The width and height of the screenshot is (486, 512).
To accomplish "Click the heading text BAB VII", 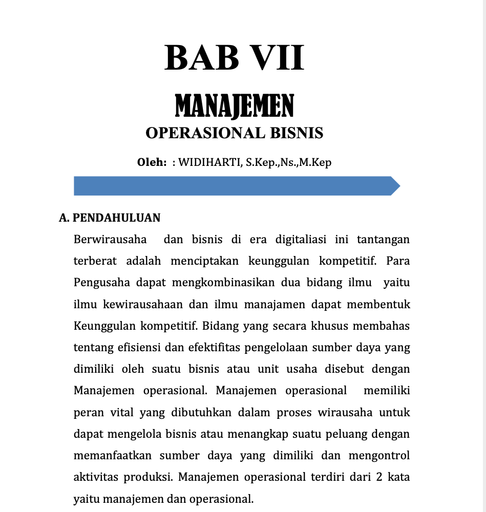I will [x=235, y=57].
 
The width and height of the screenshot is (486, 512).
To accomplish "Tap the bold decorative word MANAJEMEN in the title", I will [x=235, y=106].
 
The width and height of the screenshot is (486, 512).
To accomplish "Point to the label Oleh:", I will [x=152, y=163].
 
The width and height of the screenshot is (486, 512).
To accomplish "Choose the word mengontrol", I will [x=379, y=455].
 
